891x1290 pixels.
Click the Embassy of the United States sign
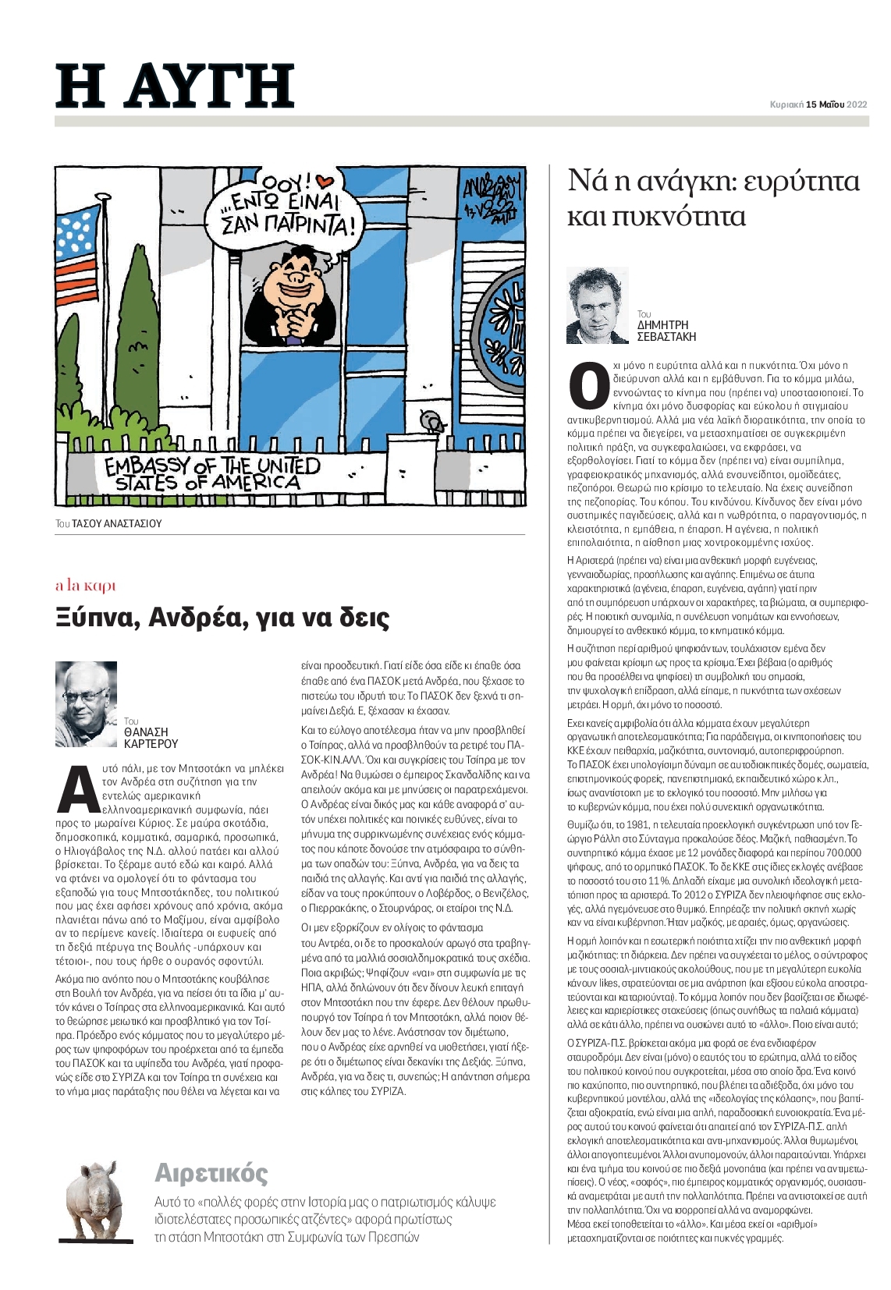pyautogui.click(x=212, y=473)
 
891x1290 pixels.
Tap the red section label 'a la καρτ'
pyautogui.click(x=86, y=586)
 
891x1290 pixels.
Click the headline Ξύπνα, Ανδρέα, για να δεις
pyautogui.click(x=222, y=618)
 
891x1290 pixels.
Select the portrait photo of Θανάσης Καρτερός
pyautogui.click(x=86, y=704)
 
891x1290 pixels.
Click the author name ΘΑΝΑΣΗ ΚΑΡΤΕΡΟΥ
pyautogui.click(x=151, y=738)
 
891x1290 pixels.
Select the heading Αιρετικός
pyautogui.click(x=211, y=1173)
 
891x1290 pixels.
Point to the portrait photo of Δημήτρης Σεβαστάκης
pyautogui.click(x=598, y=306)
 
